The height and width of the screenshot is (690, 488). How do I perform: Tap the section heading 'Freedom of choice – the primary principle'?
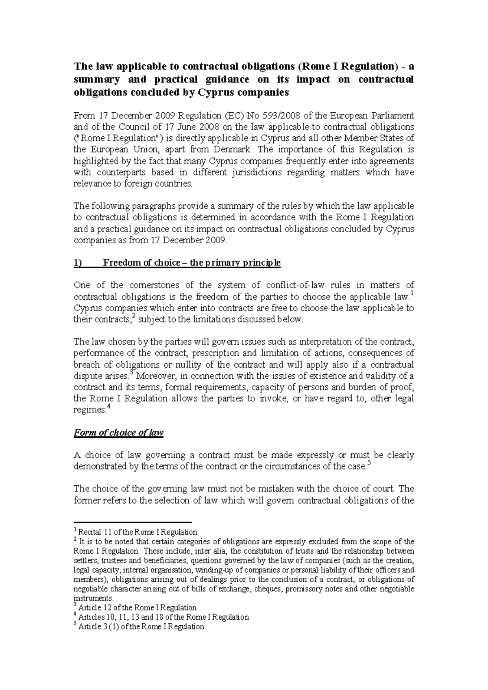pos(192,262)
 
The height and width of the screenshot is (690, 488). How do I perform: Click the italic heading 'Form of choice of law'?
pos(118,432)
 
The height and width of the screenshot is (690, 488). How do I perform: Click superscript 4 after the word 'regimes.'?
pos(108,407)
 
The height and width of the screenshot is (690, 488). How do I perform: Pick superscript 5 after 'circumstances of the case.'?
pos(369,463)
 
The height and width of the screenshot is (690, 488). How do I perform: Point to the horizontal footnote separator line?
pos(132,522)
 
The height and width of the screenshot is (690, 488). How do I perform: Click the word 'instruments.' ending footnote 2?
pos(94,598)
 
